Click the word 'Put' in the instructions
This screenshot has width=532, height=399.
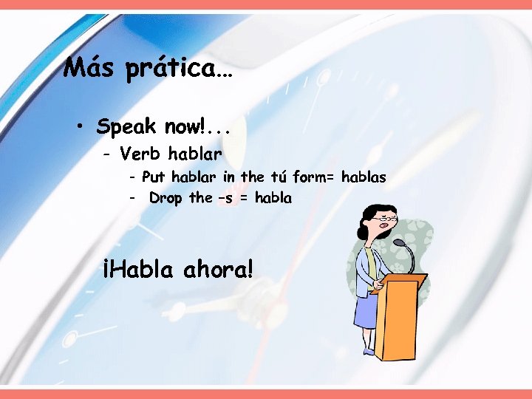pos(154,177)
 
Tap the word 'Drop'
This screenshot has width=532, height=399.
pos(166,198)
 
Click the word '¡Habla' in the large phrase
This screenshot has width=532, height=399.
pos(137,269)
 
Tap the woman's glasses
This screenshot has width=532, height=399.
pos(379,219)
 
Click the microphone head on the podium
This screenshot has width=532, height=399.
pos(398,242)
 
